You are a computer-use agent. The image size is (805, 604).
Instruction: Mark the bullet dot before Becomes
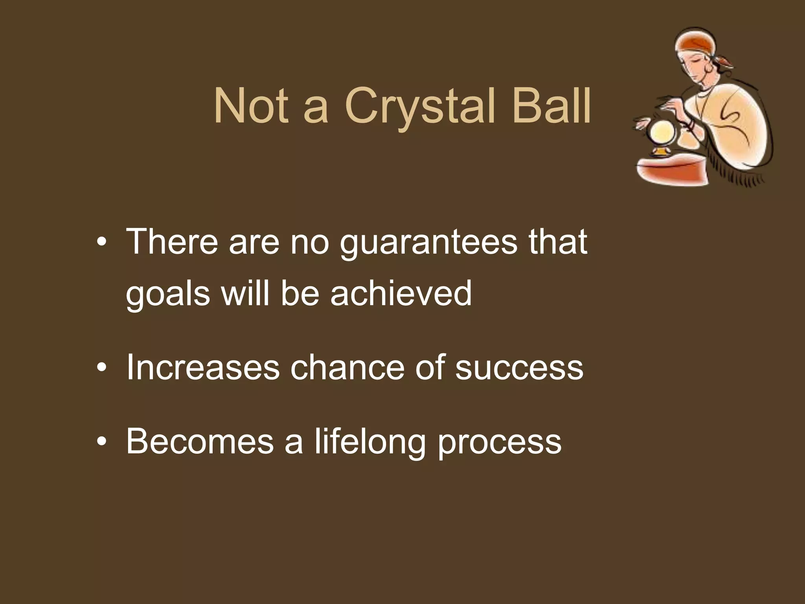pyautogui.click(x=101, y=442)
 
